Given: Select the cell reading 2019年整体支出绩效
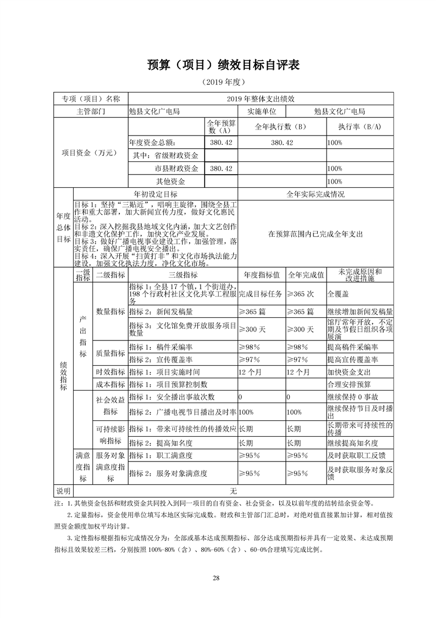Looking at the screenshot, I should pos(261,99).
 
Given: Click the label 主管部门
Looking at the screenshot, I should pos(91,111).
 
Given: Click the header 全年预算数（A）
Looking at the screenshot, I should pos(221,127).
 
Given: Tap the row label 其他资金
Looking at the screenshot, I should pos(170,181).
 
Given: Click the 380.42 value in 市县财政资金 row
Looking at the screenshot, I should pos(221,168).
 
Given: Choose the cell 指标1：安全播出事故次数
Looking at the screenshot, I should pos(172,397).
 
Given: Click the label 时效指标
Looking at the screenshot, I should pos(111,372).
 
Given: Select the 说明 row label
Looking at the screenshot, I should pos(64,490).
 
